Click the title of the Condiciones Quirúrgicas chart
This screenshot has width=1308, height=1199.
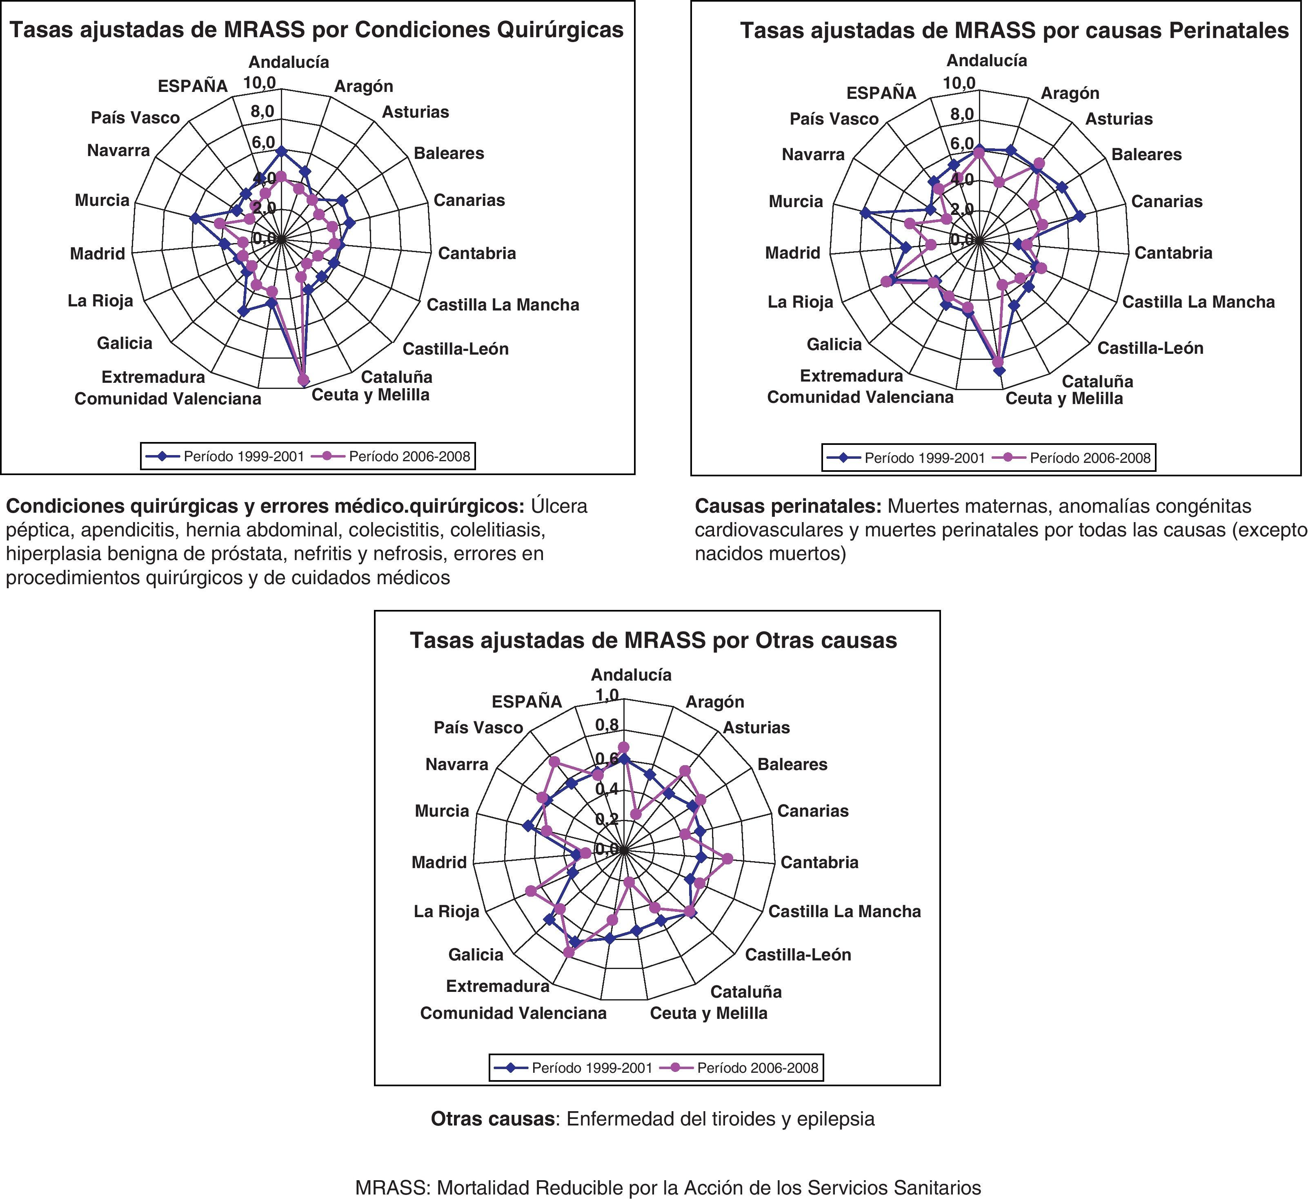(317, 30)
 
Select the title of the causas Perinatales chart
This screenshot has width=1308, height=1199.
(1014, 31)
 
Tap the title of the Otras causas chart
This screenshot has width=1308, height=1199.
(653, 641)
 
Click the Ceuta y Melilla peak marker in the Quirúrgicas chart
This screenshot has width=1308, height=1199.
(303, 380)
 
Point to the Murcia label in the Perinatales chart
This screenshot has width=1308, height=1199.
(795, 201)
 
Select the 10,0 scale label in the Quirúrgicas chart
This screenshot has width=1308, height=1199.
(260, 83)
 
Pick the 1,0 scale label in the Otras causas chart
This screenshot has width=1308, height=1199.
(607, 695)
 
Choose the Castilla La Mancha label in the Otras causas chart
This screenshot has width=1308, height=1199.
(844, 911)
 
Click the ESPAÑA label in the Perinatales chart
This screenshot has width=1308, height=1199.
(881, 93)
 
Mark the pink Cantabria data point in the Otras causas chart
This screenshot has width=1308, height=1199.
(727, 859)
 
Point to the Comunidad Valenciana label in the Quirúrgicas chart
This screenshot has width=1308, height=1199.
(167, 399)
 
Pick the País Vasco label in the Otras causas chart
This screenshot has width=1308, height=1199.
(478, 728)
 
